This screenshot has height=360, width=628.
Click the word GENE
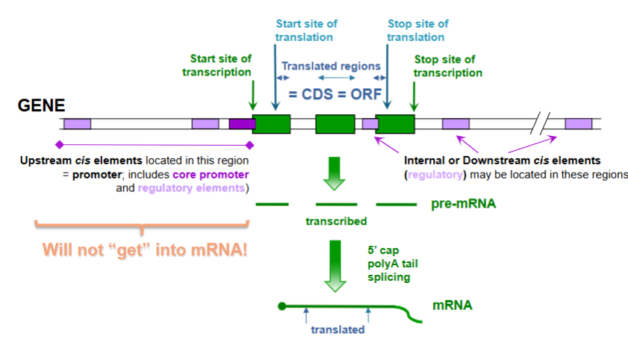point(42,106)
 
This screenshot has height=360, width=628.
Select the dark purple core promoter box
point(241,124)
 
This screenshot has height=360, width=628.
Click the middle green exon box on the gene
point(335,124)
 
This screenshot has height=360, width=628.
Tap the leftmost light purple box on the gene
point(77,124)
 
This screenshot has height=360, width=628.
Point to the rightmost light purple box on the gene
point(578,124)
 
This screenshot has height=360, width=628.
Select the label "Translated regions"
point(331,66)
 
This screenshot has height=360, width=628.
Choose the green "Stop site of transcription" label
point(448,66)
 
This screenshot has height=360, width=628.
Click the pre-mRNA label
point(463,203)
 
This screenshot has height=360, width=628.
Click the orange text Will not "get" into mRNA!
point(145,249)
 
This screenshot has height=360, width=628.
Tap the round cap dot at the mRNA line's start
point(282,305)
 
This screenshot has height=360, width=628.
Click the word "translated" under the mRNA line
point(339,329)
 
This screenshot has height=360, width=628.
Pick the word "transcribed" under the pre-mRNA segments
point(336,221)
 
